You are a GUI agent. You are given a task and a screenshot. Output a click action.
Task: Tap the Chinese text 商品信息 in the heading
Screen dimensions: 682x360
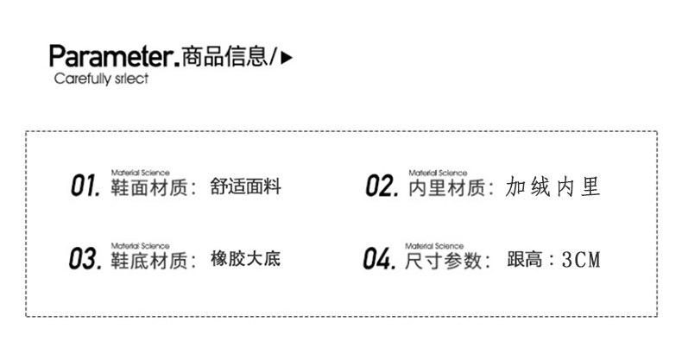pos(226,57)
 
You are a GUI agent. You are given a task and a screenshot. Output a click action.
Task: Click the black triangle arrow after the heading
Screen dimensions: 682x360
pos(288,58)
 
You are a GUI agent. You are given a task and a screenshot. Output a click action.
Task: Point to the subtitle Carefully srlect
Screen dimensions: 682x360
pos(101,79)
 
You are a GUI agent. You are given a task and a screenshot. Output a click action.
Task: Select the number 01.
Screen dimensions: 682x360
pos(86,186)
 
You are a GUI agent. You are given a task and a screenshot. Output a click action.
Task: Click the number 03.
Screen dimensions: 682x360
pos(86,258)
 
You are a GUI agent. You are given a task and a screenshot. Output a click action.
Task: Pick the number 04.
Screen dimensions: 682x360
pos(380,258)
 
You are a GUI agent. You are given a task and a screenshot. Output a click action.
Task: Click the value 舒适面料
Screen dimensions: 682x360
pos(245,186)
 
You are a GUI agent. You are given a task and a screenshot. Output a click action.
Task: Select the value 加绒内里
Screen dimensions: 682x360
pos(553,186)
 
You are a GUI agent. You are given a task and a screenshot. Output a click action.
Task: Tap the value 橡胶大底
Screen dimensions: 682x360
pos(245,259)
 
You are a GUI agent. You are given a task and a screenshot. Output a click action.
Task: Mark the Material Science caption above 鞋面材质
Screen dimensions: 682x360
pos(141,173)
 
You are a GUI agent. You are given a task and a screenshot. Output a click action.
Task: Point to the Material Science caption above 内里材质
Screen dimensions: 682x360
pos(438,173)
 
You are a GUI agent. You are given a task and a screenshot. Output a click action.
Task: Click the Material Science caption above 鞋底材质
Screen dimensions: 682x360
pos(141,245)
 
